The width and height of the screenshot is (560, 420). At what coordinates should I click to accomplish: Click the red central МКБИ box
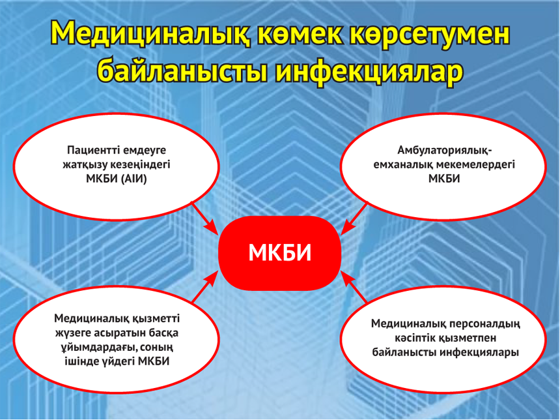(279, 253)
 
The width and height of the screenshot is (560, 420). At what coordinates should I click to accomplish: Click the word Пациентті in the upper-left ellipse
(91, 150)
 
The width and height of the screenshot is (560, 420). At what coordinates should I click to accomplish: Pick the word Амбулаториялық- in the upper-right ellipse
(445, 151)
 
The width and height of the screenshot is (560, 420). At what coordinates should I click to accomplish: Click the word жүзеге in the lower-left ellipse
(72, 333)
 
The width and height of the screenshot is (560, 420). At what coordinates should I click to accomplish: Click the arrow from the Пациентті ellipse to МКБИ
(204, 218)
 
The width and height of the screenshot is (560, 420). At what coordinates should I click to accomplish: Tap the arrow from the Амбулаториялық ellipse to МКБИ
(354, 218)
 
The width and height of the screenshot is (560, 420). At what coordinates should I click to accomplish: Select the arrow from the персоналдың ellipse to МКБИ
(354, 287)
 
